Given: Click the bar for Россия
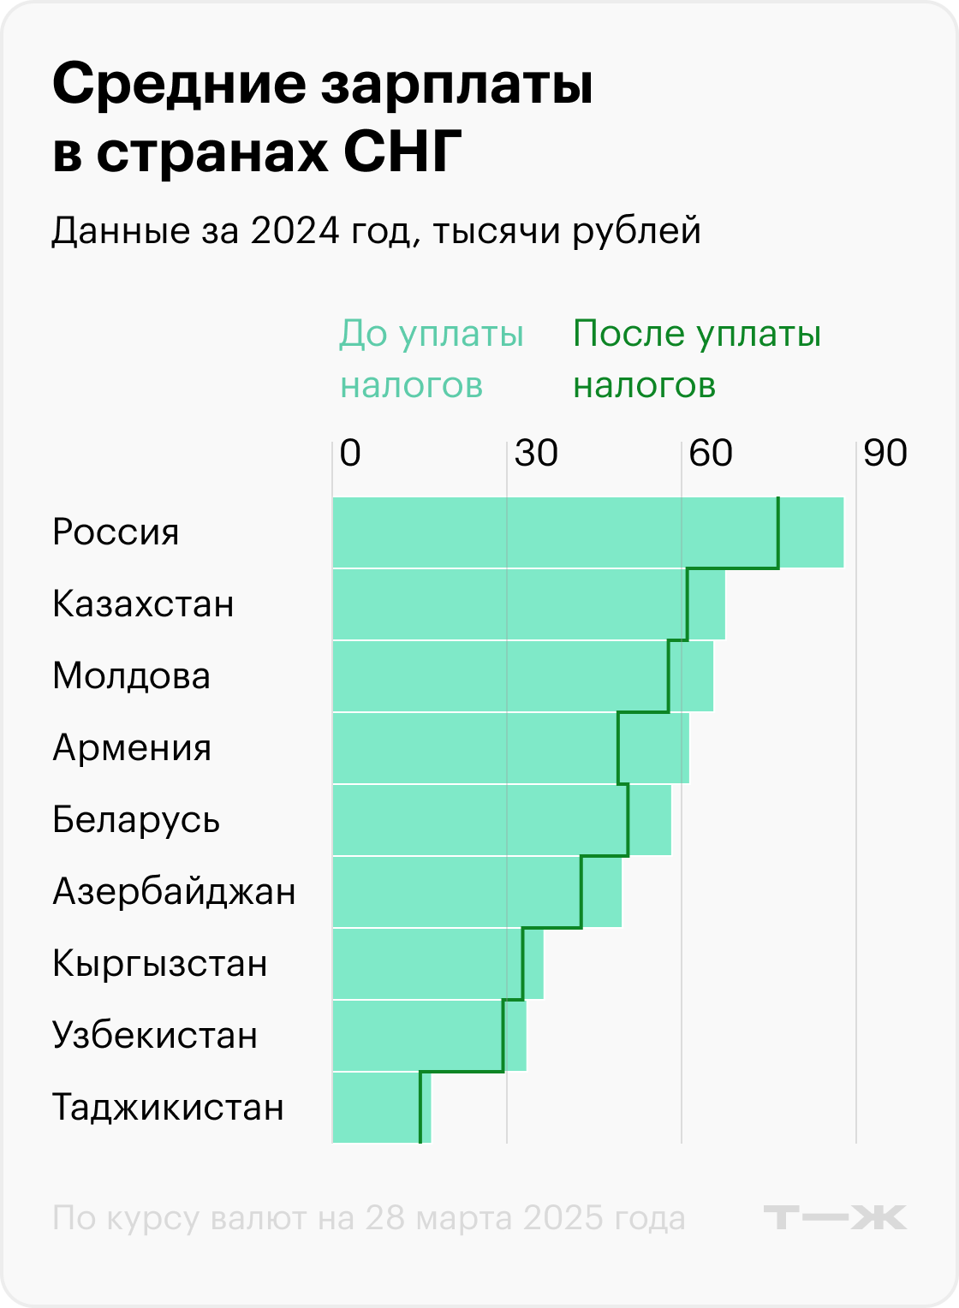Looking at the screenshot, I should coord(587,532).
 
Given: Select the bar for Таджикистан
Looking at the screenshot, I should coord(381,1108).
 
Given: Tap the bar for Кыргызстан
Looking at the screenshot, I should coord(438,964).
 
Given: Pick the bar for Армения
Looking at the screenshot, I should coord(510,748).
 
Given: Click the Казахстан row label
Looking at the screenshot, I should coord(143,604).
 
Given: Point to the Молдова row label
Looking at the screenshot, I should coord(131,676).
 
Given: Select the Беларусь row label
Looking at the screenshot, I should coord(136,820).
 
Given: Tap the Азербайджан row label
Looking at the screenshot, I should coord(174,892).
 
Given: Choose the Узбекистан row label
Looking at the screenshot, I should coord(155,1036).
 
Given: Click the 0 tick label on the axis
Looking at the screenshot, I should coord(350,453).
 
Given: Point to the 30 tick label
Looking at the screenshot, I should coord(536,453).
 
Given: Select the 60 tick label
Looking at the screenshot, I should coord(711,453).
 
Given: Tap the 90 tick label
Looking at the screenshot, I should coord(885,453).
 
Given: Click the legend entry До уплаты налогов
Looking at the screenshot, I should coord(431,360).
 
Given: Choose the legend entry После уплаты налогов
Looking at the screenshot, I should coord(696,360).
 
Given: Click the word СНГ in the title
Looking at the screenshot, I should coord(402,152).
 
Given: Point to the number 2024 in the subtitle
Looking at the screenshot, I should coord(291,231).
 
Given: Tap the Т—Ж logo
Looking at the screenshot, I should coord(834,1217).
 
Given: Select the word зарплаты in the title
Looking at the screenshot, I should coord(456,84).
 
